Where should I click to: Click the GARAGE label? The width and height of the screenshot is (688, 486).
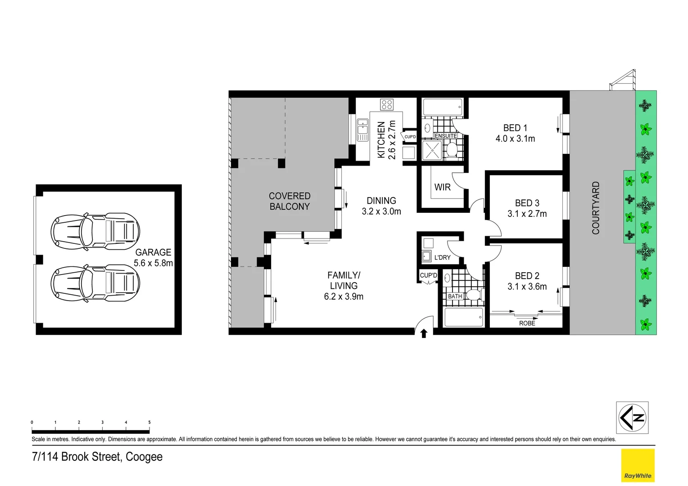[153, 252]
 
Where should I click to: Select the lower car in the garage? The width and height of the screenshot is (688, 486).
[95, 283]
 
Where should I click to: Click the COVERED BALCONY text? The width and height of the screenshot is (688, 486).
[290, 201]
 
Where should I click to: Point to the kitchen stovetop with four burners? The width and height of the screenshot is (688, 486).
[387, 104]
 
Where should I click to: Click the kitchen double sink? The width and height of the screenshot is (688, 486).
[362, 130]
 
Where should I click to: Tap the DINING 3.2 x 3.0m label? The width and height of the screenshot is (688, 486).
[381, 206]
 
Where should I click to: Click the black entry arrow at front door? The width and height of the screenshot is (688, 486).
[424, 333]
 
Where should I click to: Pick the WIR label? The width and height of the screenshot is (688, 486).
[442, 187]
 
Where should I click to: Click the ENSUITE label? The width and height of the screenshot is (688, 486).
[446, 136]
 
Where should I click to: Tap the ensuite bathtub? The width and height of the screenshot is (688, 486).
[443, 108]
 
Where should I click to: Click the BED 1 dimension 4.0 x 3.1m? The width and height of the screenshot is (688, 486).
[515, 139]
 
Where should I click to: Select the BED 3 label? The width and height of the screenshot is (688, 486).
[527, 203]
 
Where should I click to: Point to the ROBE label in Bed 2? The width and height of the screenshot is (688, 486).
[527, 323]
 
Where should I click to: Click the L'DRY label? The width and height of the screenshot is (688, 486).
[442, 257]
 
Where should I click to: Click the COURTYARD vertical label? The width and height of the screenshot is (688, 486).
[596, 208]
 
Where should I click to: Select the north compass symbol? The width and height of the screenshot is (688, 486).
[632, 418]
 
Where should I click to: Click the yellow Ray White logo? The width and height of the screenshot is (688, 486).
[638, 465]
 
